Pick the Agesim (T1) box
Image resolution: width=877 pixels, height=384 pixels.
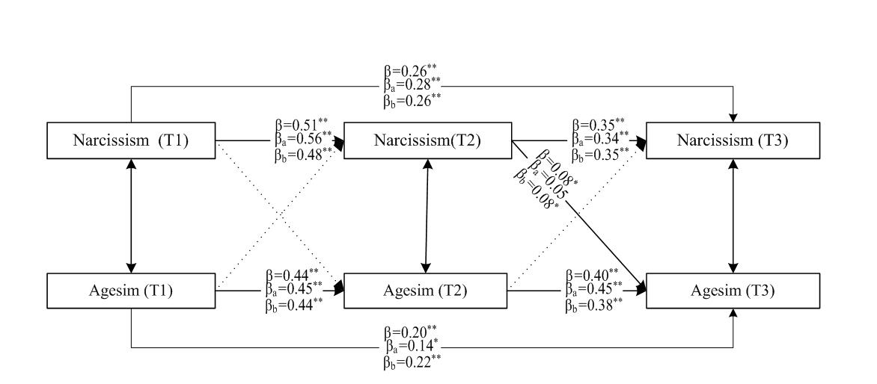tap(132, 290)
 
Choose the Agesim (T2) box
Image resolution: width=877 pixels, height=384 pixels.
tap(427, 290)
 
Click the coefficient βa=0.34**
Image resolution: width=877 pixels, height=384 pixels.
tap(597, 138)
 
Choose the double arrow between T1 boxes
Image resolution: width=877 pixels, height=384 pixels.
tap(132, 216)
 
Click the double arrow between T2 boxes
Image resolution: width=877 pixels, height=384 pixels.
tap(427, 216)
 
